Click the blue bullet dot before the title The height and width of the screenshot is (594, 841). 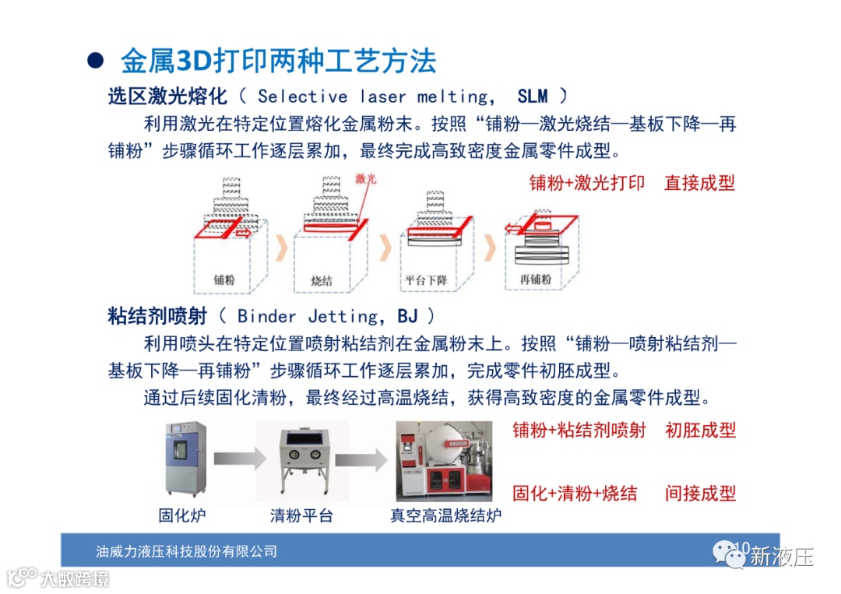95,62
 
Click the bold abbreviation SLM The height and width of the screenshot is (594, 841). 533,97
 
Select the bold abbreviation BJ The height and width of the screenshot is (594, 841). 407,316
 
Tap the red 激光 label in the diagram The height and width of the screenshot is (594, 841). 366,179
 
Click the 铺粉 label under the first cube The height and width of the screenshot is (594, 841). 224,279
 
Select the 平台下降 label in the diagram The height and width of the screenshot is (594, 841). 426,279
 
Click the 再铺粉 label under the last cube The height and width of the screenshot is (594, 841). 536,279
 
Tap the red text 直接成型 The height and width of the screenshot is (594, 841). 699,184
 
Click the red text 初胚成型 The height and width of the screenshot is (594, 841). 700,430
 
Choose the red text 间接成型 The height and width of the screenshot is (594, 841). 700,493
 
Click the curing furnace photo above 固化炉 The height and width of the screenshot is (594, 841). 183,462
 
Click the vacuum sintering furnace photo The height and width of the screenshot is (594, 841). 445,462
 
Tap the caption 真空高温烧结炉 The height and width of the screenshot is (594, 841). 445,515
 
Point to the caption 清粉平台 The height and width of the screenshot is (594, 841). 301,515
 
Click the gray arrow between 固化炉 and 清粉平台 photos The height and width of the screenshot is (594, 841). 234,460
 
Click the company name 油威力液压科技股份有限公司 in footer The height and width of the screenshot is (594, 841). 186,551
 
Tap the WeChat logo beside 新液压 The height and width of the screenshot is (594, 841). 729,554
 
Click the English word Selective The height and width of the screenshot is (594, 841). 302,97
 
